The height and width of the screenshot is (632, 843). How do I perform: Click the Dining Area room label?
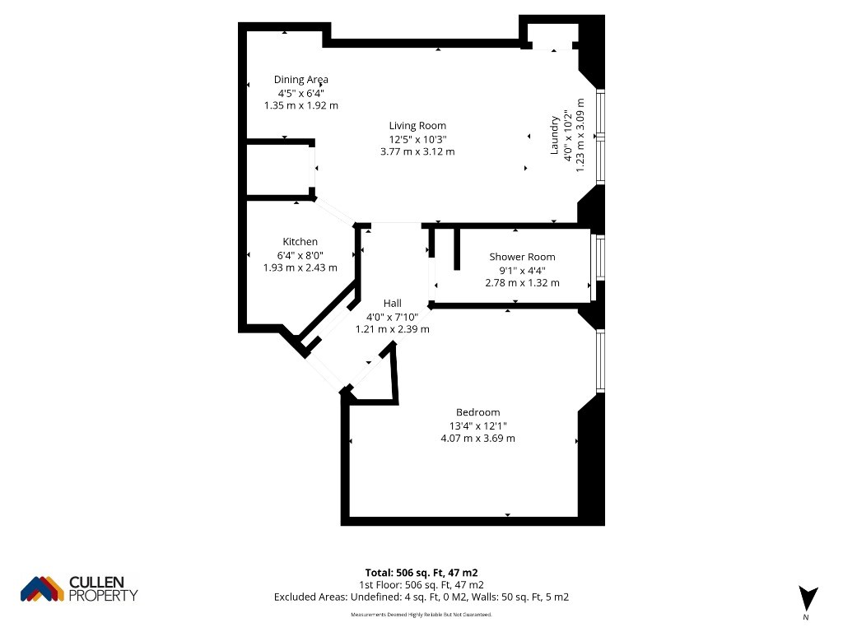[301, 80]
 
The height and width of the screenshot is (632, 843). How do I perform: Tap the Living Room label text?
[417, 126]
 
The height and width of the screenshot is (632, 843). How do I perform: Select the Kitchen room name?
[300, 242]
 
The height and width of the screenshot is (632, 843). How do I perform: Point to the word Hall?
[393, 303]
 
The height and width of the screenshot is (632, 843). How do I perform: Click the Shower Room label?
[522, 257]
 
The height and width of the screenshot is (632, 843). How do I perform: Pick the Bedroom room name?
[478, 412]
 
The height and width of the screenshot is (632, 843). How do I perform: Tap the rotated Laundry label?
[554, 136]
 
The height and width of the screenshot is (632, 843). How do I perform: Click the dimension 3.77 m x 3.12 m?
[417, 151]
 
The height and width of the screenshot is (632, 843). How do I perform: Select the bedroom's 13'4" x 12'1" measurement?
[478, 425]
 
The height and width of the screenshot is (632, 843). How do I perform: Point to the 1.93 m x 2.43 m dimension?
[300, 267]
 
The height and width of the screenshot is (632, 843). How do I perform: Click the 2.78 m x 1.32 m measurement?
[522, 283]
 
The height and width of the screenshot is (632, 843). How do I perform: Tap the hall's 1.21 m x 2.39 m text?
[393, 329]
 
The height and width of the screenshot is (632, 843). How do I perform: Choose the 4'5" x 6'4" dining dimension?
[301, 93]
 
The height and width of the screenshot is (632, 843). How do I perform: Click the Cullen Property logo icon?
[42, 589]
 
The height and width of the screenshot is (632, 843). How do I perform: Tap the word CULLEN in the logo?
[97, 582]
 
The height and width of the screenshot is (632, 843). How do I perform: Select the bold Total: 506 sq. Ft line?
[421, 573]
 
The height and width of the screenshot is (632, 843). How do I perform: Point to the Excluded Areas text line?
[421, 597]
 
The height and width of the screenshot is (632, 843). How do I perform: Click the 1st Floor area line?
[421, 585]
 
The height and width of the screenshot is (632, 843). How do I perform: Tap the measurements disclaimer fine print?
[421, 614]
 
